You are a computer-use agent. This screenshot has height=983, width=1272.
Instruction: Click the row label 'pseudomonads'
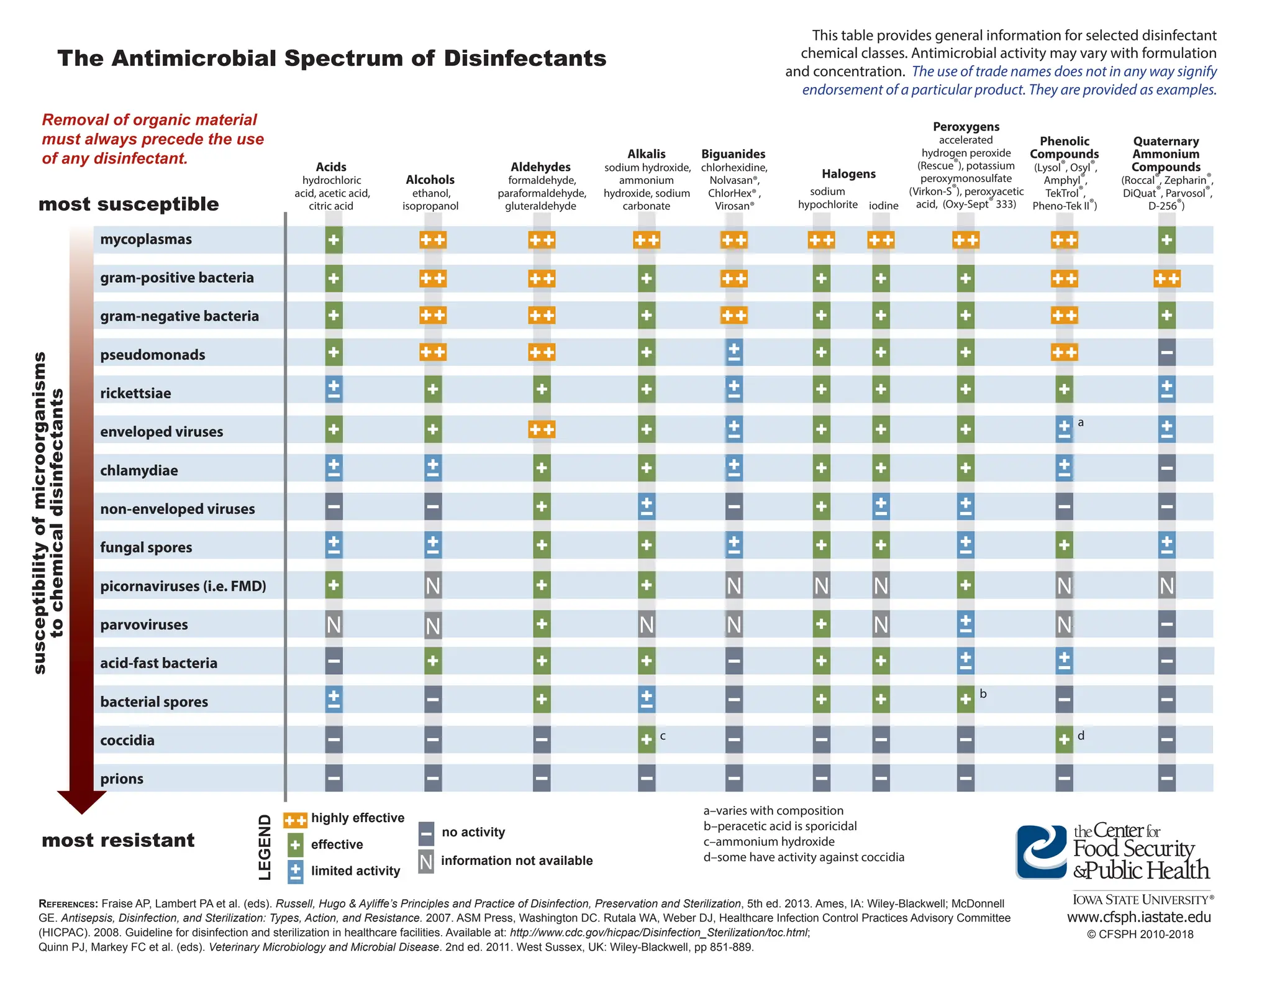(x=152, y=355)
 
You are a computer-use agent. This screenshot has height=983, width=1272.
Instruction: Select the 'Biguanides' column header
(x=733, y=154)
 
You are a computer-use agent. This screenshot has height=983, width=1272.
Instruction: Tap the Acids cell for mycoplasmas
(x=334, y=240)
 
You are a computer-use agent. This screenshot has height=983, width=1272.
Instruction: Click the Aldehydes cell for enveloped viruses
(x=542, y=429)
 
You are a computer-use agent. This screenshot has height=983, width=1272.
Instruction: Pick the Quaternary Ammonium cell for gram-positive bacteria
(x=1166, y=279)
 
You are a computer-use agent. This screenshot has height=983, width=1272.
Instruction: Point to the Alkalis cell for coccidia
(x=647, y=739)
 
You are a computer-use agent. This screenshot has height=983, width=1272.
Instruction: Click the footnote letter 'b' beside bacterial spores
(x=983, y=694)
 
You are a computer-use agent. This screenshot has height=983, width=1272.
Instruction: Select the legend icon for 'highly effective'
(x=295, y=820)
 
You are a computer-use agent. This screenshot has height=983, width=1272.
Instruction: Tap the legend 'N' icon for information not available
(x=426, y=862)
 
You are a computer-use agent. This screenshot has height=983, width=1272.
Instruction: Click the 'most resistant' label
(x=118, y=840)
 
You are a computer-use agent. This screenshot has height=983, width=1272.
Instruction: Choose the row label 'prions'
(x=122, y=779)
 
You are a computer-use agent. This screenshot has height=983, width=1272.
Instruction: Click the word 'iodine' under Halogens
(x=883, y=206)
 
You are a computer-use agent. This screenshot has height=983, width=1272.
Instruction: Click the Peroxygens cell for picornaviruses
(x=965, y=585)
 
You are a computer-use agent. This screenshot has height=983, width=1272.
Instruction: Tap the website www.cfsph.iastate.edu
(x=1139, y=917)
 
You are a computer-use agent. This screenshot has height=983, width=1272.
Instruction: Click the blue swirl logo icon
(x=1042, y=852)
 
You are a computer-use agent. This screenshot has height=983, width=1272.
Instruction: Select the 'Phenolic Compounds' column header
(x=1064, y=148)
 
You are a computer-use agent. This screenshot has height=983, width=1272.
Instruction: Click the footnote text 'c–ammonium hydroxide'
(x=769, y=841)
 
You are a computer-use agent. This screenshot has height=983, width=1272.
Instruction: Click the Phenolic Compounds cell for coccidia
(x=1064, y=739)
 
